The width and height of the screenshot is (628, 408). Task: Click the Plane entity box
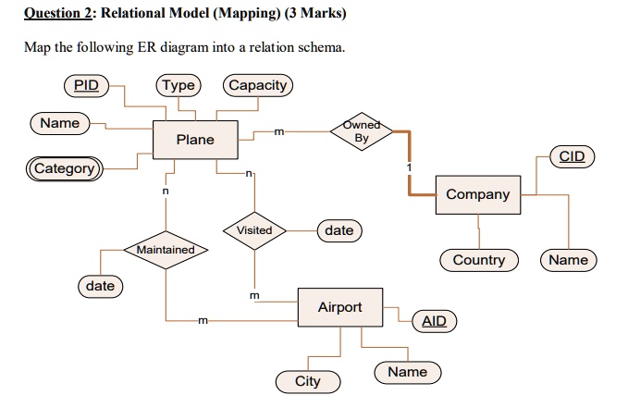coord(194,140)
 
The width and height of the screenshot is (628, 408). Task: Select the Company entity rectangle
coord(477,194)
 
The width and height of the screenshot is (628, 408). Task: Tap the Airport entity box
coord(339,307)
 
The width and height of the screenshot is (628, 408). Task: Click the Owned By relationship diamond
coord(361,131)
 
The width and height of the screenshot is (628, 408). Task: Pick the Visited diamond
coord(253,229)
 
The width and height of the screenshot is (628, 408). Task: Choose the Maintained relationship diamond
coord(166,250)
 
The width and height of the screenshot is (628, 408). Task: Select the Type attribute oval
coord(179,86)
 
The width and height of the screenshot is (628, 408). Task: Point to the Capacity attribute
coord(258,86)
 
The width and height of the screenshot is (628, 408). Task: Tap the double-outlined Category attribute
coord(64,168)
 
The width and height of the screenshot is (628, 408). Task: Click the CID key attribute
coord(572,156)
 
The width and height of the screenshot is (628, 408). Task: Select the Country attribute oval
coord(478,260)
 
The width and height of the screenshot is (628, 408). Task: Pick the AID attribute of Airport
coord(433,321)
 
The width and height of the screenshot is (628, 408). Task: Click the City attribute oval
coord(307,381)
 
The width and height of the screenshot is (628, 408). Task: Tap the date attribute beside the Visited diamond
coord(339,229)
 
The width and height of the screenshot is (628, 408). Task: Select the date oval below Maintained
coord(100,286)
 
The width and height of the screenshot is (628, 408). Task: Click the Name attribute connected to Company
coord(568,260)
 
